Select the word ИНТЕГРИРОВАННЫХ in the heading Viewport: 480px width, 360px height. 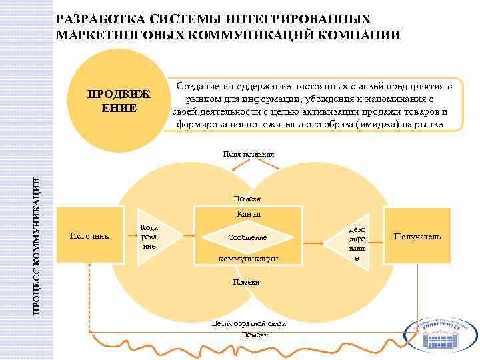(313, 19)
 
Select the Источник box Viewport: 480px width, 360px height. (91, 236)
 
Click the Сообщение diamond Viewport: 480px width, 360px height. (247, 237)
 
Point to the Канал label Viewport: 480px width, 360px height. (248, 215)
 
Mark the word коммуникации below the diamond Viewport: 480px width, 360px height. (248, 258)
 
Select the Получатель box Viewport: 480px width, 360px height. (417, 237)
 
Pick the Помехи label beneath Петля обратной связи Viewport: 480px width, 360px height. (255, 334)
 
